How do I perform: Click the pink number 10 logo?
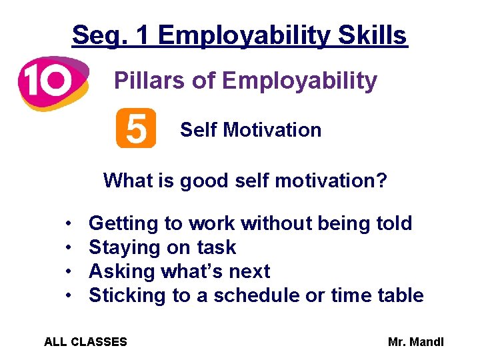click(x=52, y=83)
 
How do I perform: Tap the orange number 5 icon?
click(x=136, y=128)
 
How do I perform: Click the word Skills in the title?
click(x=373, y=35)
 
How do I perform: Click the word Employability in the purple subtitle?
click(x=299, y=81)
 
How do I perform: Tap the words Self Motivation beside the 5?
click(x=251, y=130)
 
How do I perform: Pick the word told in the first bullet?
click(x=393, y=223)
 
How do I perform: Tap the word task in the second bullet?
click(x=217, y=247)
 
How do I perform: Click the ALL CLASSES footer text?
click(x=85, y=342)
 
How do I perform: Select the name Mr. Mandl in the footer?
click(x=415, y=342)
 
